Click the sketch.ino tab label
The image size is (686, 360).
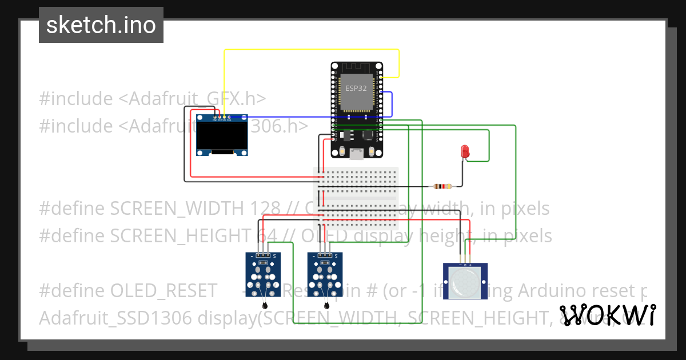[101, 25]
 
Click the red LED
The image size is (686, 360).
[465, 151]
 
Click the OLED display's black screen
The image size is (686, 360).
[217, 136]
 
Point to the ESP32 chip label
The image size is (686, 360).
[356, 89]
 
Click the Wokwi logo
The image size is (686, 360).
[607, 315]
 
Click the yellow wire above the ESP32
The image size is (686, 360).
[312, 50]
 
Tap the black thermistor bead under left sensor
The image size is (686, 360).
[264, 304]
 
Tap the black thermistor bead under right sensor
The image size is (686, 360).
[326, 305]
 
